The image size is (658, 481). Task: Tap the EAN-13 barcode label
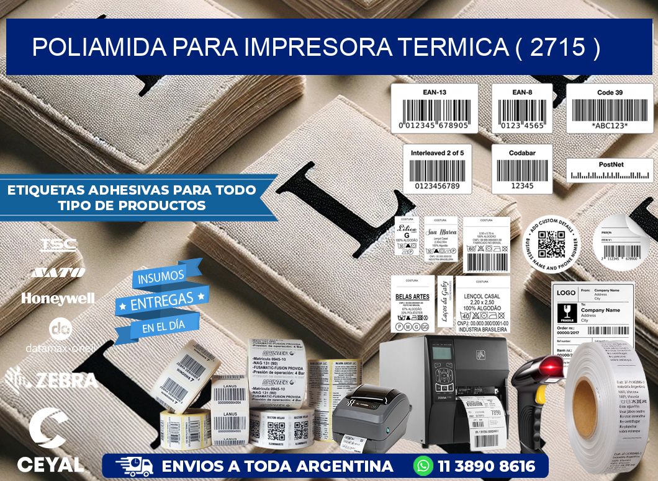(x=434, y=108)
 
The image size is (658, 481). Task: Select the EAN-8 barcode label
(x=522, y=108)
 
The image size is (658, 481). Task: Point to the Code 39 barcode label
(x=609, y=108)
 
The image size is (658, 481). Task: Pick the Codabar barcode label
(x=522, y=169)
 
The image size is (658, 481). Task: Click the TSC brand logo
(x=58, y=244)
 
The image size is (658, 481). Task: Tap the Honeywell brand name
(x=58, y=298)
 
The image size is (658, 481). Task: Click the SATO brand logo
(x=58, y=271)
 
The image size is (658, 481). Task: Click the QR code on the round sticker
(x=551, y=244)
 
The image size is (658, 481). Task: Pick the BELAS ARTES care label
(x=412, y=304)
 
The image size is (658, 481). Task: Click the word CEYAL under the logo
(x=50, y=464)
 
